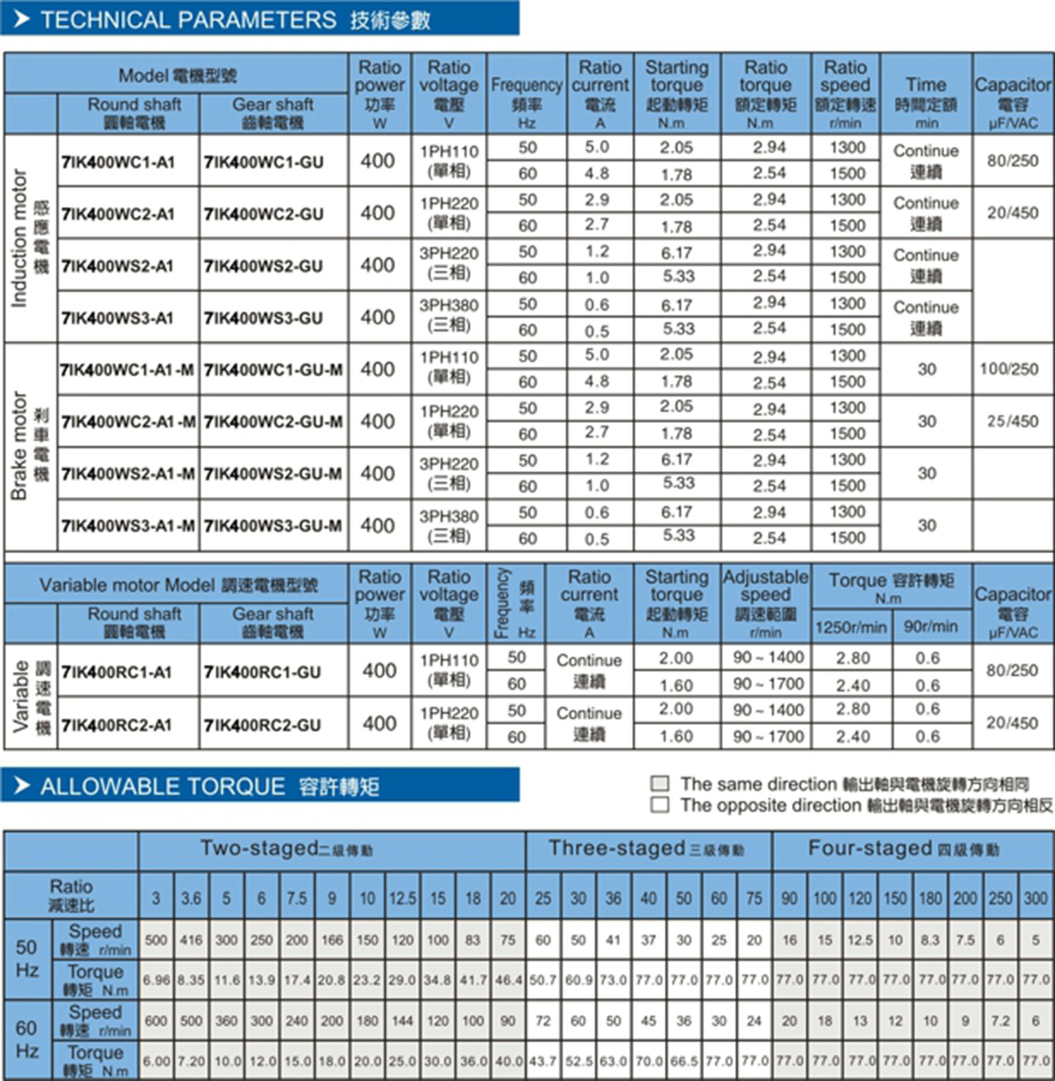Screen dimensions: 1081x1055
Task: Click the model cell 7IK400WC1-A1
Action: click(119, 162)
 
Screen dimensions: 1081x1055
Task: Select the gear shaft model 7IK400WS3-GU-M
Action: click(273, 526)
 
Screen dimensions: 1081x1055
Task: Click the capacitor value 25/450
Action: click(1013, 421)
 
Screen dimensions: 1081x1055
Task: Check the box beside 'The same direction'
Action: click(660, 784)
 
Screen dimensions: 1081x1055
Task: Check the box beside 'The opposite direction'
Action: click(660, 805)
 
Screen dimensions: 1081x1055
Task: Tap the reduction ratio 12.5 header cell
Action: click(402, 898)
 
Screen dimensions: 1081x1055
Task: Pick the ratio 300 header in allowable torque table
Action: click(1036, 898)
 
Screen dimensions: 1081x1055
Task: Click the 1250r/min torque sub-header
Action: click(851, 627)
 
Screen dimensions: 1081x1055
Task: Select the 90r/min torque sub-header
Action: click(931, 627)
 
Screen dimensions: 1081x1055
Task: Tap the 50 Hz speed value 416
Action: click(191, 940)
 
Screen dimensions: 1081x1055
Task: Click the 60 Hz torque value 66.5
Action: click(684, 1061)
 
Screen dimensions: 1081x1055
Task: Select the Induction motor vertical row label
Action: click(20, 239)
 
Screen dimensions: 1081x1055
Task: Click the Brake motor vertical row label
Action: click(20, 446)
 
